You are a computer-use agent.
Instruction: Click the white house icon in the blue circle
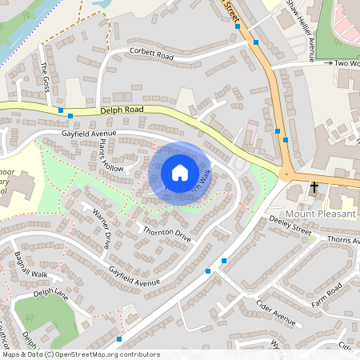point(180,172)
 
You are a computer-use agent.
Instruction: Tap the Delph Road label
point(121,113)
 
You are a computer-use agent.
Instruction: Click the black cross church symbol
point(314,189)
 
